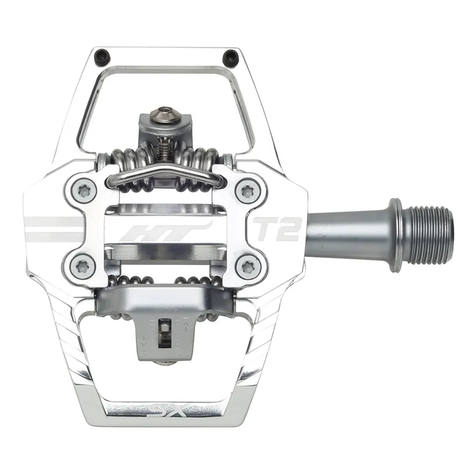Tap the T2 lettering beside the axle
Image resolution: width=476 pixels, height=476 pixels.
coord(277,230)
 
